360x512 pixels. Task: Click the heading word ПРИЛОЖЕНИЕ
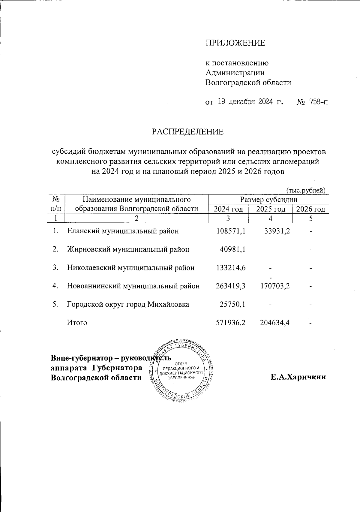point(235,43)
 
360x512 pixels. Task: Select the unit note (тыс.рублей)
point(306,190)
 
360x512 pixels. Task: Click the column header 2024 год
point(228,209)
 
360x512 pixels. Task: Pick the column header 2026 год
point(310,209)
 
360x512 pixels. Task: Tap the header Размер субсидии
point(268,200)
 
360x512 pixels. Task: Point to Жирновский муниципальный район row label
point(128,249)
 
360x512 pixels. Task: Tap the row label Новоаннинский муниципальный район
point(133,286)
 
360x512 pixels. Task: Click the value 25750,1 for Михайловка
point(233,304)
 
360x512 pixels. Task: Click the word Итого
point(77,323)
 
